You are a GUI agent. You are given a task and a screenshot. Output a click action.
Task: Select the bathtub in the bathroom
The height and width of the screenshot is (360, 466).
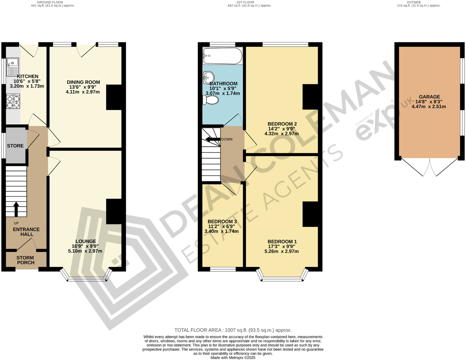(x=222, y=56)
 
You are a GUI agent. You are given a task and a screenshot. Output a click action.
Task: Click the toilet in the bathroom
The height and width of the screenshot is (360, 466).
(x=211, y=100)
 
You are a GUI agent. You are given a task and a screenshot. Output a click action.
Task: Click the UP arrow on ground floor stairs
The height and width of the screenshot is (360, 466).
(x=16, y=209)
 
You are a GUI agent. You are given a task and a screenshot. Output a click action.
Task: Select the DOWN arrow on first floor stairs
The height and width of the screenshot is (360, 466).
(x=213, y=139)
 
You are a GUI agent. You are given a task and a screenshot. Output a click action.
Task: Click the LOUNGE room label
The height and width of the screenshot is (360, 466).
(x=85, y=241)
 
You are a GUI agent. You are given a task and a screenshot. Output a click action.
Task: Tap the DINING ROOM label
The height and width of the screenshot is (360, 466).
(x=83, y=82)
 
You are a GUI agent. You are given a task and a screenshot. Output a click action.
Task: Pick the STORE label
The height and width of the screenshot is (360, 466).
(x=15, y=146)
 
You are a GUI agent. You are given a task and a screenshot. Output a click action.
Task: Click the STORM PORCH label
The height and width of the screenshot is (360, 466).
(x=26, y=260)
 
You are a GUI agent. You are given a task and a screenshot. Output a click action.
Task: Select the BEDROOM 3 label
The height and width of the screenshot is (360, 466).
(x=222, y=221)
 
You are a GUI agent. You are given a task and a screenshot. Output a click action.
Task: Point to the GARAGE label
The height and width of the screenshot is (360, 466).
(x=429, y=97)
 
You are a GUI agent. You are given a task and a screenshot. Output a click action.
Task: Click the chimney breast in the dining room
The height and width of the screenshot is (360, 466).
(x=114, y=97)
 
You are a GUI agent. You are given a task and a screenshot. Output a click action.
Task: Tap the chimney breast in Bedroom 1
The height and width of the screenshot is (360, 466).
(x=310, y=214)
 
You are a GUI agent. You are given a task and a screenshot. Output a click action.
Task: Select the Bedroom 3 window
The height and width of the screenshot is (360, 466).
(x=222, y=270)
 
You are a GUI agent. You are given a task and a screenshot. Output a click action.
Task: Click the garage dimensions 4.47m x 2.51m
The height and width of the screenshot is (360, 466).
(x=429, y=106)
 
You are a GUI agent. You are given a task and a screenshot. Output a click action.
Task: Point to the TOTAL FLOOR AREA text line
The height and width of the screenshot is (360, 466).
(x=233, y=330)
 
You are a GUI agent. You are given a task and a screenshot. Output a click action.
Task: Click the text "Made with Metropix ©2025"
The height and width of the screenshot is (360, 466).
(x=233, y=358)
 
